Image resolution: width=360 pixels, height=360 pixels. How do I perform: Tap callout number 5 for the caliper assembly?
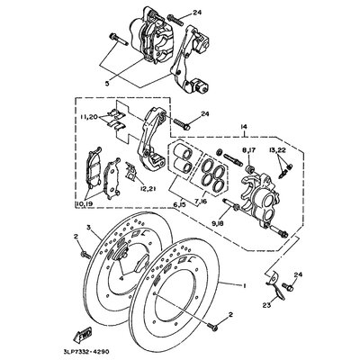pos(107,81)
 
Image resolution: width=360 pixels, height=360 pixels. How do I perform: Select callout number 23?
pos(267,305)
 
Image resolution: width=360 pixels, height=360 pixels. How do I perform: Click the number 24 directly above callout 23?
pos(298,274)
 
